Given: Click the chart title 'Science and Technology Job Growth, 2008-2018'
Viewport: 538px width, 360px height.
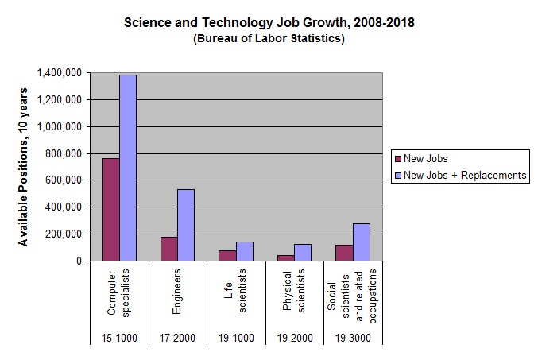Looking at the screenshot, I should (x=269, y=22).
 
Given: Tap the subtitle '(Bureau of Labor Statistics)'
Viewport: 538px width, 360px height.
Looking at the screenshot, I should (x=269, y=39).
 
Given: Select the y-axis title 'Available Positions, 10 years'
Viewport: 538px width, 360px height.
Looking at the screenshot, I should (x=24, y=167).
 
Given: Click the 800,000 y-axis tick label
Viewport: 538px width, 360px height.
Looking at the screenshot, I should (x=64, y=153).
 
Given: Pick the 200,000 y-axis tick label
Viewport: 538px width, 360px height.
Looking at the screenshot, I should (x=64, y=234).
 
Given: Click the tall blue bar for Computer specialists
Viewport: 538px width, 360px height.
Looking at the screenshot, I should (x=128, y=168).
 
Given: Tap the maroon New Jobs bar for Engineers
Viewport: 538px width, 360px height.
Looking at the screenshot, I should (x=168, y=249).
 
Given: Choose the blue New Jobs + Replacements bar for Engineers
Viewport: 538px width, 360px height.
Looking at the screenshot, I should (x=186, y=225).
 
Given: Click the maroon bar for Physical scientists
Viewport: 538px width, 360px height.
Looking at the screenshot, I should (x=285, y=257).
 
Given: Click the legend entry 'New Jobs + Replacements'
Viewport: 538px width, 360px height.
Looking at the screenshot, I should (x=465, y=176).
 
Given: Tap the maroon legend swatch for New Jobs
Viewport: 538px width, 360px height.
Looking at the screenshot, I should (x=397, y=159).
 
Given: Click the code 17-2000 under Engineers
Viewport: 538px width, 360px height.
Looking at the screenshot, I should (x=177, y=338).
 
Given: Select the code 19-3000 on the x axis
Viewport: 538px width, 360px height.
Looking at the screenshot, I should (x=353, y=338).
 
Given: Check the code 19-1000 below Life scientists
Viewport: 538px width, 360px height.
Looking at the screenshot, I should (x=236, y=338).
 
